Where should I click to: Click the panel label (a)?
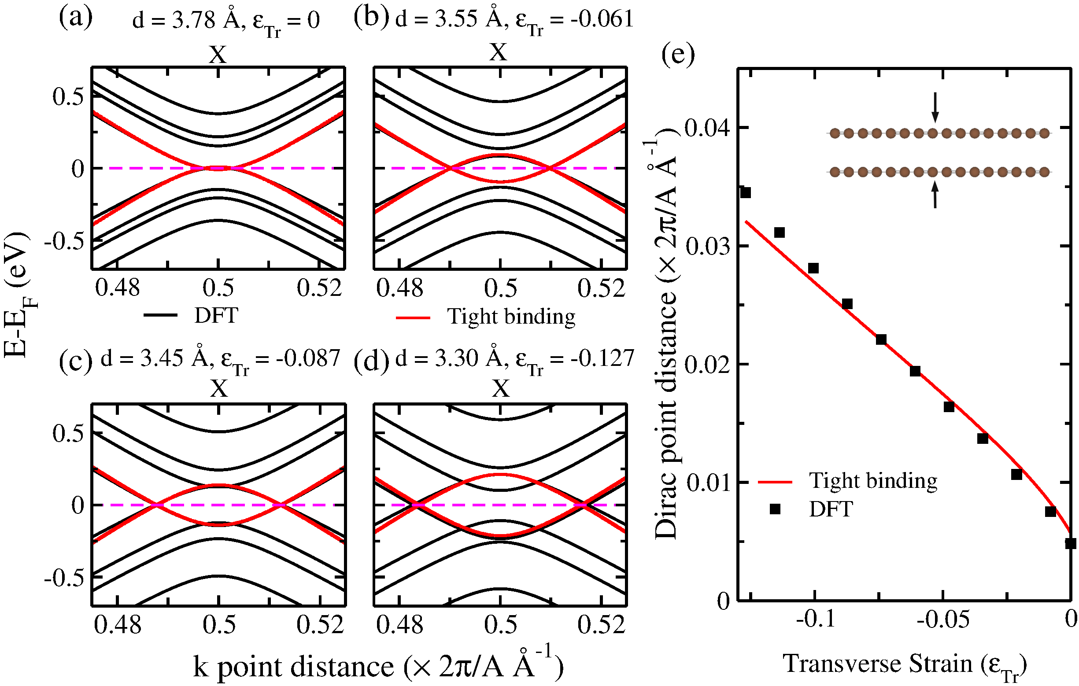coord(76,18)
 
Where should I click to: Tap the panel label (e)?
coord(678,55)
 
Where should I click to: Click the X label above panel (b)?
coord(498,52)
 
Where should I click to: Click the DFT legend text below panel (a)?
coord(216,315)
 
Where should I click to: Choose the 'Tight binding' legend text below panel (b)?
coord(511,317)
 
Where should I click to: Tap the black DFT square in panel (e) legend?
coord(775,509)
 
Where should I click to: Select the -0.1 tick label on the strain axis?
coord(816,619)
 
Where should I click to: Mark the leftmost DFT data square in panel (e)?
coord(745,193)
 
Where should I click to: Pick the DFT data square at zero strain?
coord(1071,543)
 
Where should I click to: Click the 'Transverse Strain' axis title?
coord(904,664)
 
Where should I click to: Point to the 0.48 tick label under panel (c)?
coord(118,625)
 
